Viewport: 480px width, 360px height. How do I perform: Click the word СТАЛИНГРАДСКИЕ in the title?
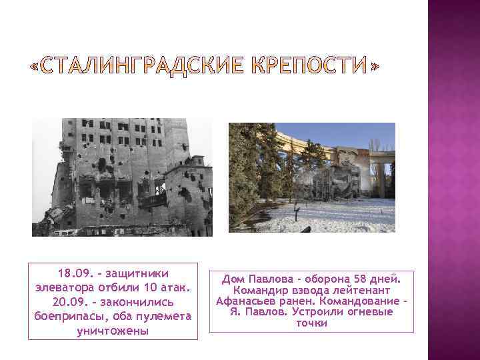tap(137, 67)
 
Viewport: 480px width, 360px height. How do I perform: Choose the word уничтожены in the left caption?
tap(113, 331)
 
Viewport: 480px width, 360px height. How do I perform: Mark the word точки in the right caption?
tap(311, 323)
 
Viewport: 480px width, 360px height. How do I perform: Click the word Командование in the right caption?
tap(363, 301)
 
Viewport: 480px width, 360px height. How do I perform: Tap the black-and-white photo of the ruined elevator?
tap(122, 177)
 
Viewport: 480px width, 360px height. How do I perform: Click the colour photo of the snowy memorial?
tap(311, 177)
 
